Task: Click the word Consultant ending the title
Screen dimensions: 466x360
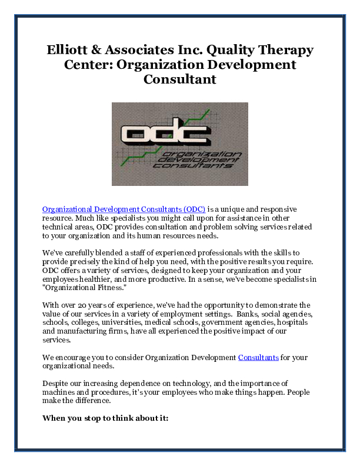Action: pyautogui.click(x=180, y=78)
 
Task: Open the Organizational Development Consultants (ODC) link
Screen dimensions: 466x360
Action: pyautogui.click(x=124, y=209)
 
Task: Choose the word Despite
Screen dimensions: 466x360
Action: pyautogui.click(x=55, y=383)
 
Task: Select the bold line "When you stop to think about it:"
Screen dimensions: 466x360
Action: pyautogui.click(x=105, y=418)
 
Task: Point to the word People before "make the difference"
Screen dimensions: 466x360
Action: pyautogui.click(x=298, y=392)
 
